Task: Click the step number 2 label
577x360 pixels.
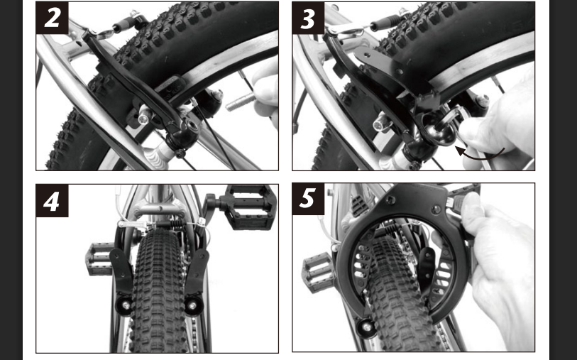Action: coord(52,18)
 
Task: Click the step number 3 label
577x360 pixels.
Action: coord(308,18)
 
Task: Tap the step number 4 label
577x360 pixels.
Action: coord(52,201)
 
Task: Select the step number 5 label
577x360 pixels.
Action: coord(308,199)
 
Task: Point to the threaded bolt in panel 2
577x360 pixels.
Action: coord(240,102)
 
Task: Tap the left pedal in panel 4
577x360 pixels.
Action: coord(99,258)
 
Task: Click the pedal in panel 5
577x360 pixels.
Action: coord(317,273)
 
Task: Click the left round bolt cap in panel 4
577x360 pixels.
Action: coord(124,305)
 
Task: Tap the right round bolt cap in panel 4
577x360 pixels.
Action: coord(192,305)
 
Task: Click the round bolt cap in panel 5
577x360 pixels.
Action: coord(366,327)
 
